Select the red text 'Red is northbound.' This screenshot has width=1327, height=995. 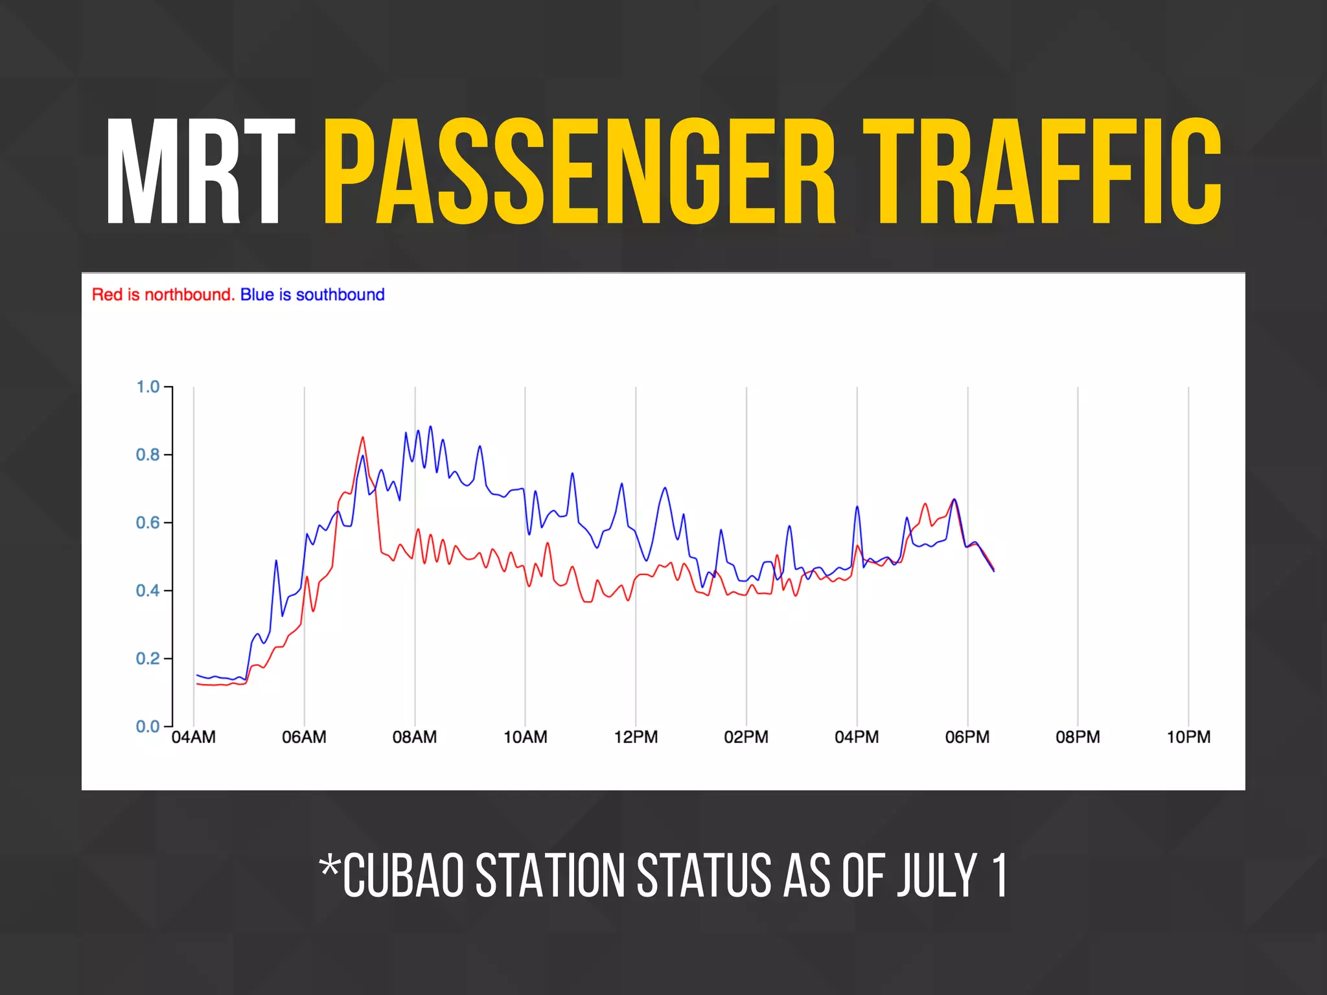click(163, 295)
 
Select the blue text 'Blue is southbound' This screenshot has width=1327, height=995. click(312, 295)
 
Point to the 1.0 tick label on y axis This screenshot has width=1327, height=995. click(148, 387)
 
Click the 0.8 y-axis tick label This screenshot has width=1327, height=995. click(148, 455)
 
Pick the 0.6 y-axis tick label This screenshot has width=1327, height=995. click(148, 523)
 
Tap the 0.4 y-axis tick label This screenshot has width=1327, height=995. click(148, 590)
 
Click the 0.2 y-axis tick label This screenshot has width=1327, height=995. click(148, 658)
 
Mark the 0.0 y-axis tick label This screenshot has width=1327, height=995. click(148, 726)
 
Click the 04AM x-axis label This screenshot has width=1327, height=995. click(194, 737)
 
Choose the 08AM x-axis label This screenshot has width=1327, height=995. click(415, 737)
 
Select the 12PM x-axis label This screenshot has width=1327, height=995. click(636, 737)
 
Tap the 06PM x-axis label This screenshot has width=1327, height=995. click(967, 737)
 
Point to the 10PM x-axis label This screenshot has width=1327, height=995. click(1188, 737)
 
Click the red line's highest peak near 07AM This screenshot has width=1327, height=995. click(363, 438)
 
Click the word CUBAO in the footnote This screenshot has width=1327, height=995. click(403, 876)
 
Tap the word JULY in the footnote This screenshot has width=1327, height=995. click(937, 876)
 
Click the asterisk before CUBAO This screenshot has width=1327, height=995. click(330, 865)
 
